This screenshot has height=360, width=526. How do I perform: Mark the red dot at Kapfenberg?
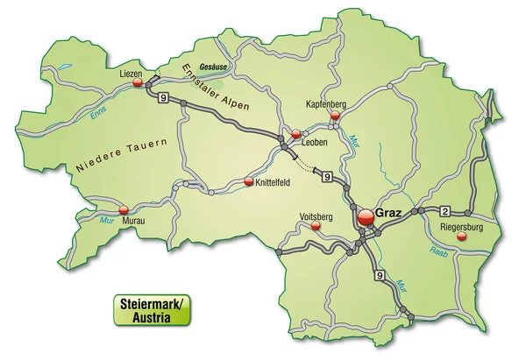click(334, 114)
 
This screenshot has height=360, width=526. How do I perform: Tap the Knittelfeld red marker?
click(249, 182)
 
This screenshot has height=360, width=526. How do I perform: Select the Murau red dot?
click(124, 209)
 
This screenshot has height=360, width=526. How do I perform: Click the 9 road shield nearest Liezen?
click(163, 100)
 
